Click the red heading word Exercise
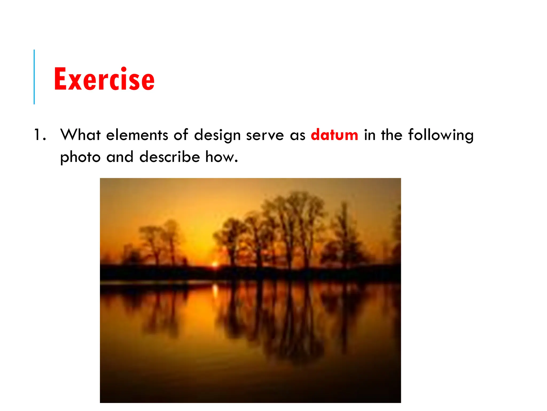tap(104, 79)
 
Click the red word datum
tap(334, 135)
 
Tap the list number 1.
tap(40, 135)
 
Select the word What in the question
tap(80, 135)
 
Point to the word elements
tap(137, 135)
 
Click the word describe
tap(170, 157)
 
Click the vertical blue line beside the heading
tap(34, 77)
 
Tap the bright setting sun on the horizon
tap(214, 264)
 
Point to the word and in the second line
tap(120, 157)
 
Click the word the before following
tap(392, 135)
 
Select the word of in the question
tap(181, 135)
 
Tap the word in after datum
tap(369, 135)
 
